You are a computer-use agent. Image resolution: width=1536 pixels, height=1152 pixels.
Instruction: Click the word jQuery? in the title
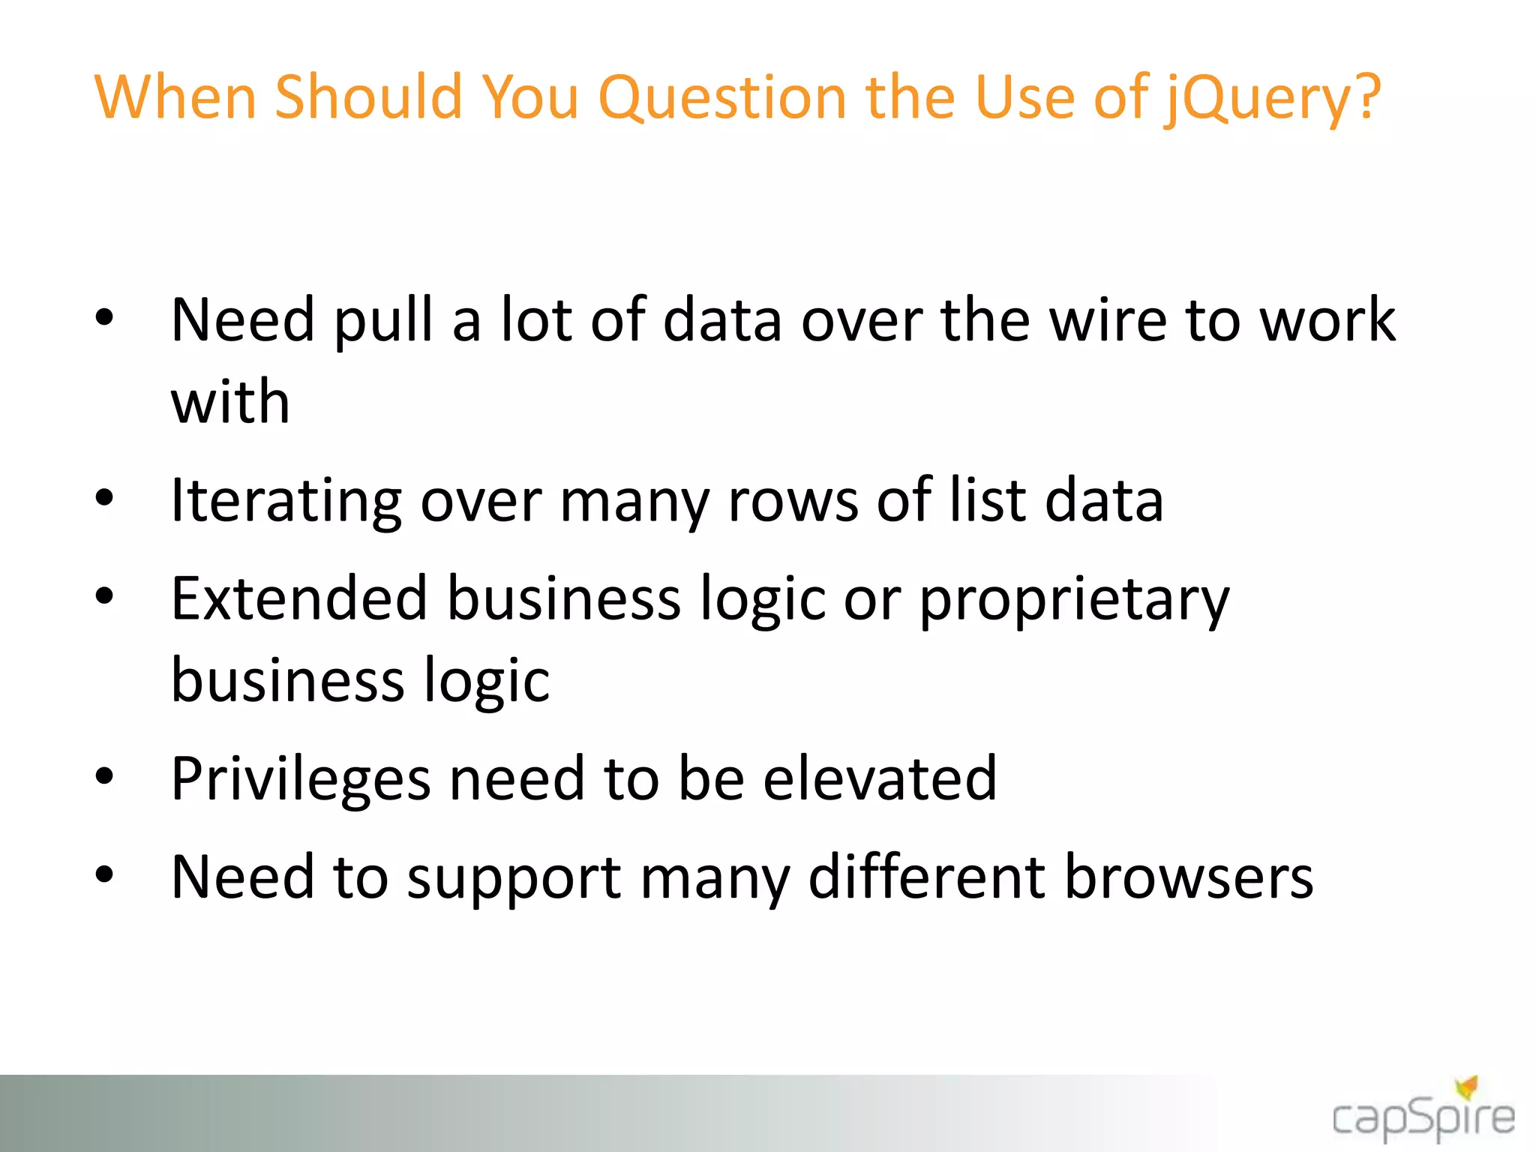pyautogui.click(x=1272, y=99)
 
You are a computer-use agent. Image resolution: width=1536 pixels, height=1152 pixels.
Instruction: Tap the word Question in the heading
pyautogui.click(x=722, y=97)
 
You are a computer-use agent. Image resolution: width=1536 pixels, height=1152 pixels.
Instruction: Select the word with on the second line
pyautogui.click(x=230, y=402)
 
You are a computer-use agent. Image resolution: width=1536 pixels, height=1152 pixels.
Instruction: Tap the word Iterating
pyautogui.click(x=286, y=502)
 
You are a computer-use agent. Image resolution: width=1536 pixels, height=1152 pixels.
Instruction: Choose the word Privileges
pyautogui.click(x=301, y=780)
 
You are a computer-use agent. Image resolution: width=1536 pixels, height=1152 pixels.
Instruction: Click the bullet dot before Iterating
pyautogui.click(x=104, y=497)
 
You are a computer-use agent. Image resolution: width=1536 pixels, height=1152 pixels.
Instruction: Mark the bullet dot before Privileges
pyautogui.click(x=104, y=776)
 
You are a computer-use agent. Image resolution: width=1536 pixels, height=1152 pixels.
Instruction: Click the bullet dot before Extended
pyautogui.click(x=104, y=595)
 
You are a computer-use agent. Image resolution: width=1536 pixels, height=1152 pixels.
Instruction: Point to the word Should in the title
pyautogui.click(x=367, y=97)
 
